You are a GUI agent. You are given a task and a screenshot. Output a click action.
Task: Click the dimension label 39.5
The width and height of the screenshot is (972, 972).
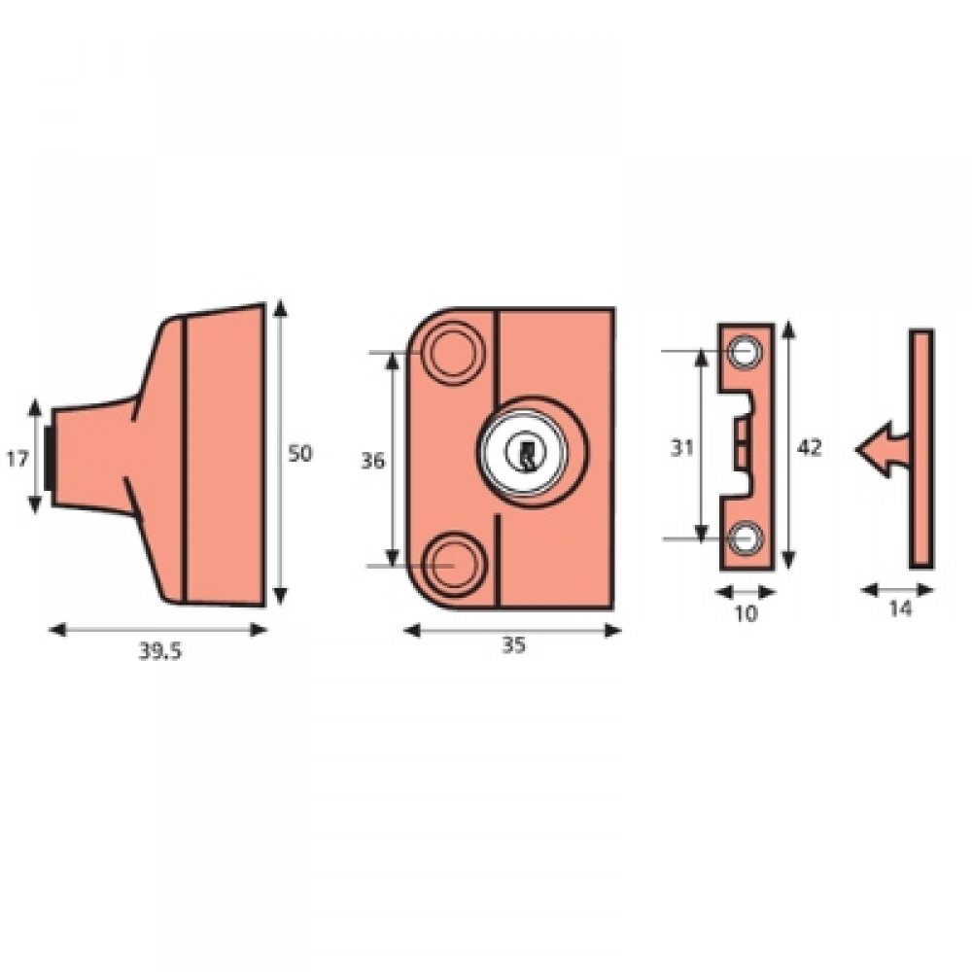(159, 652)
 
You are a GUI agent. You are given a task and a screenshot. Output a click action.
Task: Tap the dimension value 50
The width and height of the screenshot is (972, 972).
(301, 454)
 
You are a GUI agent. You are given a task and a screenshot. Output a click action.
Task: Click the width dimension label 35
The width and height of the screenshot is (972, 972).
(512, 645)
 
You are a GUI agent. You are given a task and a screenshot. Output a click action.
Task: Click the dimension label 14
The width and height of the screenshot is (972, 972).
(899, 609)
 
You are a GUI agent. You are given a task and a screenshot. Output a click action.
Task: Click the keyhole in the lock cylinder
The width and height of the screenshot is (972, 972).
(526, 453)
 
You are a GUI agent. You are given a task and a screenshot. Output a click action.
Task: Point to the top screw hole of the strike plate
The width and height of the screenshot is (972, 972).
(746, 353)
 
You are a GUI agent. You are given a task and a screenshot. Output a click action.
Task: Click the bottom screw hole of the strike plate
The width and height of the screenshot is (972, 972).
(746, 538)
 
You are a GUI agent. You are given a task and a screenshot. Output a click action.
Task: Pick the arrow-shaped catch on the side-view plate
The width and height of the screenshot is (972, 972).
(878, 449)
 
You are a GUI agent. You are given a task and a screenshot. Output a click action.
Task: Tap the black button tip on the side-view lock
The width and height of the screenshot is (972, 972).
(49, 457)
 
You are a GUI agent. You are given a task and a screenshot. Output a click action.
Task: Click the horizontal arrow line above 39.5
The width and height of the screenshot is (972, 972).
(157, 630)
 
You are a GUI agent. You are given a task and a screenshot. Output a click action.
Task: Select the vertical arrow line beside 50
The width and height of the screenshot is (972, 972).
(281, 453)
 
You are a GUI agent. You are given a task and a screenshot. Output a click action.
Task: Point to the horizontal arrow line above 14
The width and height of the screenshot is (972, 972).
(898, 589)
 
